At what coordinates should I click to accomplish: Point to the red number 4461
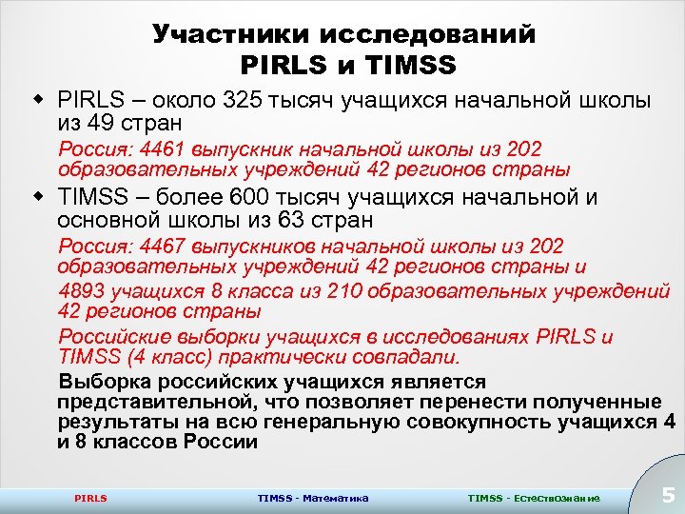(x=163, y=150)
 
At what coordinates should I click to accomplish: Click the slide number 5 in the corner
(x=668, y=494)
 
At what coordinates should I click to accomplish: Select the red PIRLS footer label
(x=90, y=498)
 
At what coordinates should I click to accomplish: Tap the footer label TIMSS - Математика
(x=313, y=498)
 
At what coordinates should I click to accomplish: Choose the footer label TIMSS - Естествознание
(x=534, y=498)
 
